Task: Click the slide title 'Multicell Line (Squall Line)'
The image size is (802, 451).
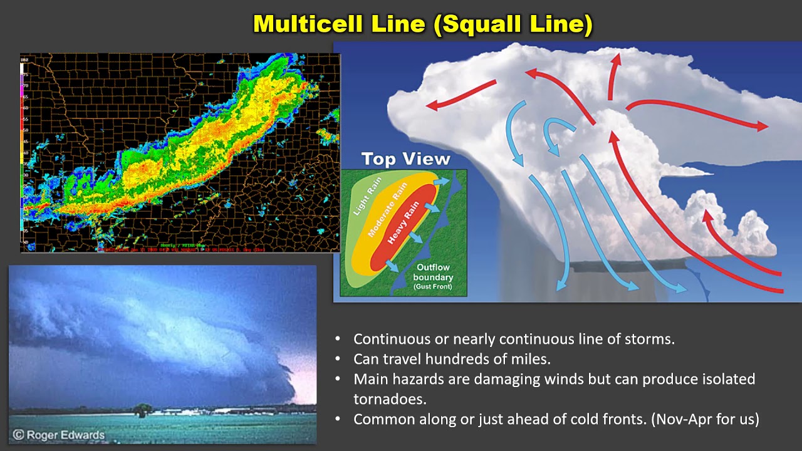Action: tap(423, 24)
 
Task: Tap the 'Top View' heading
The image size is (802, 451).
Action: tap(405, 159)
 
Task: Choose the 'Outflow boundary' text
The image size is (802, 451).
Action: tap(434, 272)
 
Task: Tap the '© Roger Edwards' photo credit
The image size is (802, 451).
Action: tap(59, 434)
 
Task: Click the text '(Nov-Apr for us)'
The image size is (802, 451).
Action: tap(705, 419)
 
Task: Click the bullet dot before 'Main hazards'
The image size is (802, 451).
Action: tap(338, 379)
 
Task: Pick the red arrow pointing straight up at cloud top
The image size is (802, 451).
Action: tap(613, 75)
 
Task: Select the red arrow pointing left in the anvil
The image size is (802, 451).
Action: tap(461, 94)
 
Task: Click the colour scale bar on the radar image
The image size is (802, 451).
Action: tap(24, 150)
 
